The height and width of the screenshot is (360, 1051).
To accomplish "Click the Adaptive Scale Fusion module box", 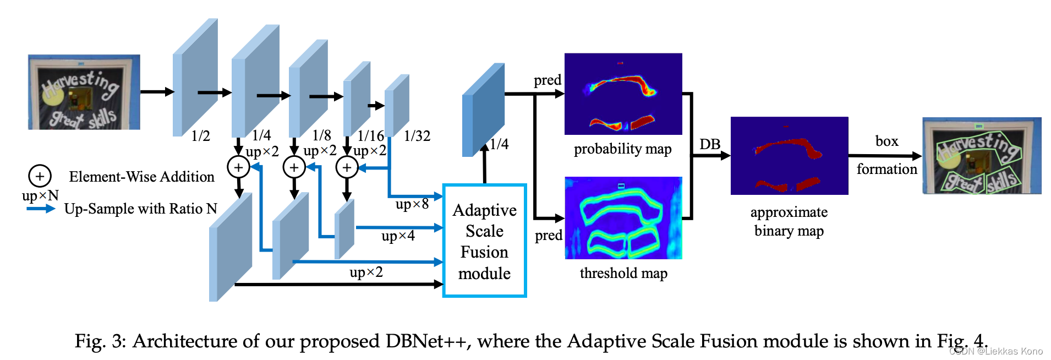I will click(484, 241).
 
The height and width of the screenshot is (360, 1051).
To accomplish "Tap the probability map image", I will click(623, 94).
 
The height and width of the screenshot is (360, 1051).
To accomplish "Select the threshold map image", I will click(623, 217).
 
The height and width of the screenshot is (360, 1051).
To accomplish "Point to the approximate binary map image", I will click(789, 155).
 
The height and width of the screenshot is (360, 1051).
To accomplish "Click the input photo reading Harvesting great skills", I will click(84, 92).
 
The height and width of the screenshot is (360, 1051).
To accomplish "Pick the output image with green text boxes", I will click(982, 155).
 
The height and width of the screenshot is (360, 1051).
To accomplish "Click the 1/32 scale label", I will click(417, 136).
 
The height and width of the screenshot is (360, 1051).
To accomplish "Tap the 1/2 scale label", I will click(200, 136).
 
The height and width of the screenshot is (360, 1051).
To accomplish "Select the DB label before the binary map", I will click(710, 144).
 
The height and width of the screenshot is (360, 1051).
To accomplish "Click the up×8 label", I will click(412, 204).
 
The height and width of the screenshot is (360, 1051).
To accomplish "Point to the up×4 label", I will click(398, 236).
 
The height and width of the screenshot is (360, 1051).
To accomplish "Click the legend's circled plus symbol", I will click(40, 176).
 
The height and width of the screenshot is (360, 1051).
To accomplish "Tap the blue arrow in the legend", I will click(41, 209).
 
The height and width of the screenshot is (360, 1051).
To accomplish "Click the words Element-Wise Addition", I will click(141, 177).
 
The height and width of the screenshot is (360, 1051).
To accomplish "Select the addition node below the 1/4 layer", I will click(238, 167).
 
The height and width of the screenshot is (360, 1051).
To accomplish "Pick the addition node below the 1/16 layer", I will click(347, 167).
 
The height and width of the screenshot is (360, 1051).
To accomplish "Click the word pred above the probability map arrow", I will click(547, 80).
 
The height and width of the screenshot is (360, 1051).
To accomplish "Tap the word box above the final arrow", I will click(886, 141).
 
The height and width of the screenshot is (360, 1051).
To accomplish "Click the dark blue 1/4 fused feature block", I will click(483, 110).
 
